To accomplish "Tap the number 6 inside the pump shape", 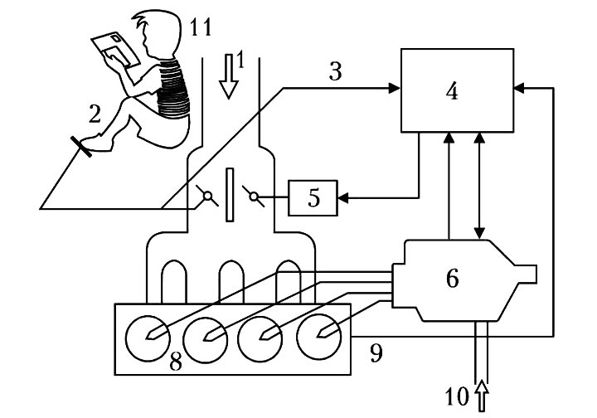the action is pos(453,279).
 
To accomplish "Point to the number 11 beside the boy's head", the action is pos(201,27).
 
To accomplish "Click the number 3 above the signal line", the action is pos(335,71).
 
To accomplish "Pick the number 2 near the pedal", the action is pos(95,114).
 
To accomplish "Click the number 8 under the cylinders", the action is pos(176,362).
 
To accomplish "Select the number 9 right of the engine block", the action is pos(376,353).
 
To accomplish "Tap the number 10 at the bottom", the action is pos(457,396).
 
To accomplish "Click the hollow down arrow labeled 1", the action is pos(229,76).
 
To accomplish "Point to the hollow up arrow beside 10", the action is pos(482,396).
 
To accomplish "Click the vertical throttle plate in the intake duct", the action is pos(230,195).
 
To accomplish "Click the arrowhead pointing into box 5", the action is pos(343,198).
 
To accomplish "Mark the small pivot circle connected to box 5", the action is pos(254,197).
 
